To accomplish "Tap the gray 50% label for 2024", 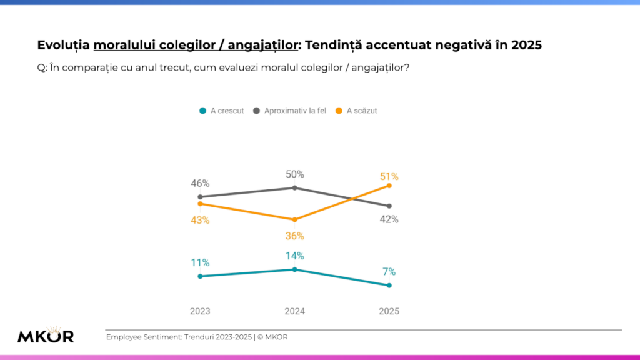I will [x=295, y=174].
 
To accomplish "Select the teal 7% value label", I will [x=389, y=272].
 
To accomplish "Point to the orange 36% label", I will [x=295, y=236].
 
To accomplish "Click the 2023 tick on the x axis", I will [x=200, y=311].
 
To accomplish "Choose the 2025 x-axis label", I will [x=389, y=311].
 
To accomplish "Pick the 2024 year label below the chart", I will [x=294, y=311].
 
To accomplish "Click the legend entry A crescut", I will [x=222, y=111].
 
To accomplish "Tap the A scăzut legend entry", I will [x=357, y=111].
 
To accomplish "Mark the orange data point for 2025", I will [x=389, y=186].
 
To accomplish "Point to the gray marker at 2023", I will [x=200, y=197].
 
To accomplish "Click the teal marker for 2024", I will [x=294, y=269].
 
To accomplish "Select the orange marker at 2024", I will [x=294, y=219].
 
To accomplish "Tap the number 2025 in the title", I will [x=526, y=46].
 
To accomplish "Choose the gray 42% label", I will [x=389, y=219].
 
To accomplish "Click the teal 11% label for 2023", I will [x=200, y=262].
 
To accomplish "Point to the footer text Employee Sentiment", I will [x=143, y=337].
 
